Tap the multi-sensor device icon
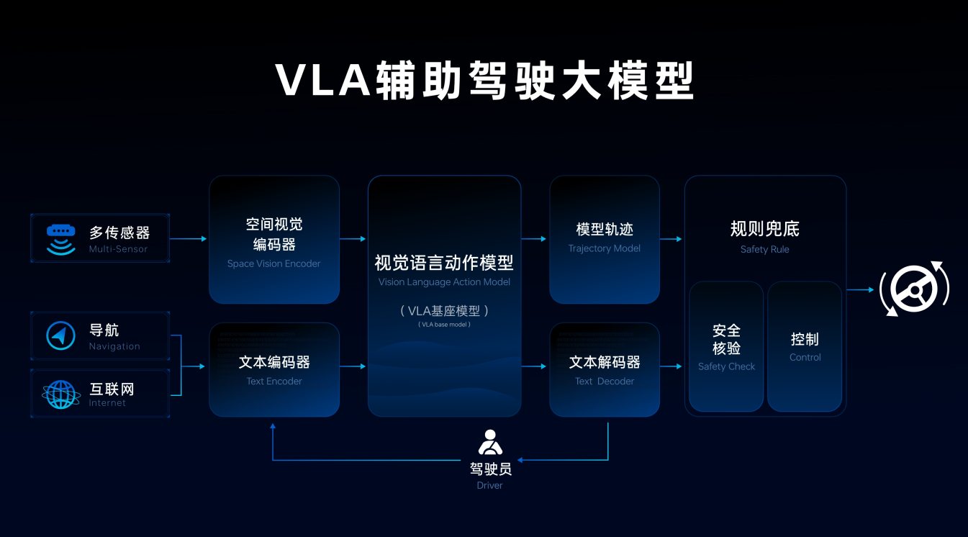61,239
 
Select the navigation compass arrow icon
61,336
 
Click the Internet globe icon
61,394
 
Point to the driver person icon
490,442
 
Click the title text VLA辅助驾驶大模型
484,81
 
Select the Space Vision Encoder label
273,263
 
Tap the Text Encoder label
273,381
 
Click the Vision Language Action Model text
444,282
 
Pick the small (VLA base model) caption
444,325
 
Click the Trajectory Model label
604,248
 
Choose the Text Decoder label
604,381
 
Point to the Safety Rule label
764,249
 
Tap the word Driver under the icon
489,485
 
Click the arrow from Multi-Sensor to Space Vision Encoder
189,239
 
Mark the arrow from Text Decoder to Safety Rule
671,366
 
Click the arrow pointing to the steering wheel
860,290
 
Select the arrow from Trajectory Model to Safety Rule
671,239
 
